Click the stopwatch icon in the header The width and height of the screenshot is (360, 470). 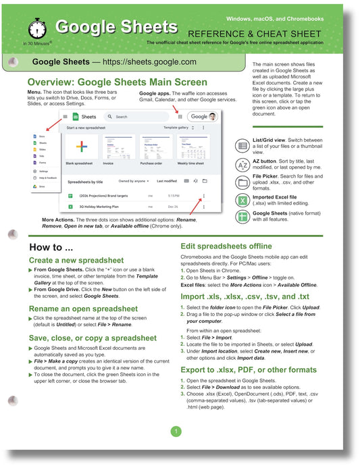pyautogui.click(x=36, y=29)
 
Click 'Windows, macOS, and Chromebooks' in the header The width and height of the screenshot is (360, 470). pyautogui.click(x=284, y=18)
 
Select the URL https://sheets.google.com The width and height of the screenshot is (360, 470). pyautogui.click(x=152, y=61)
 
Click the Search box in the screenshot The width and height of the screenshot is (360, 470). pyautogui.click(x=135, y=116)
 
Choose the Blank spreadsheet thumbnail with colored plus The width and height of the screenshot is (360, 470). pyautogui.click(x=81, y=147)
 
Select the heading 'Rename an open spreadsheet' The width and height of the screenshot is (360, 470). pyautogui.click(x=83, y=309)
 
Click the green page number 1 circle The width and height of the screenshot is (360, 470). pyautogui.click(x=176, y=431)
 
